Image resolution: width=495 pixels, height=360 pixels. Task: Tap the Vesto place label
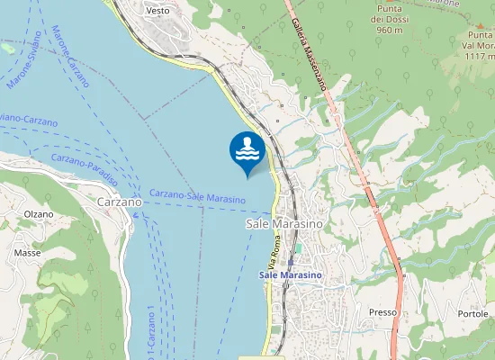click(x=157, y=11)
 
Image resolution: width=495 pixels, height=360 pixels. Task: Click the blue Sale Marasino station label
click(x=291, y=274)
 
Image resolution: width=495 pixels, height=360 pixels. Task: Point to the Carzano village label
click(x=118, y=203)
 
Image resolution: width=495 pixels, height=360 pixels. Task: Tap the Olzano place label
click(x=39, y=214)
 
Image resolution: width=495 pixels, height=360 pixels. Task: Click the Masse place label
click(x=27, y=254)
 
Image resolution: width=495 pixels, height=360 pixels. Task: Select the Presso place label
click(x=382, y=312)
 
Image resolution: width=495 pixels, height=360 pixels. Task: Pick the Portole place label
click(x=472, y=313)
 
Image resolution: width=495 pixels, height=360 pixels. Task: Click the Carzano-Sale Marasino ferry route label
click(x=197, y=196)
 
